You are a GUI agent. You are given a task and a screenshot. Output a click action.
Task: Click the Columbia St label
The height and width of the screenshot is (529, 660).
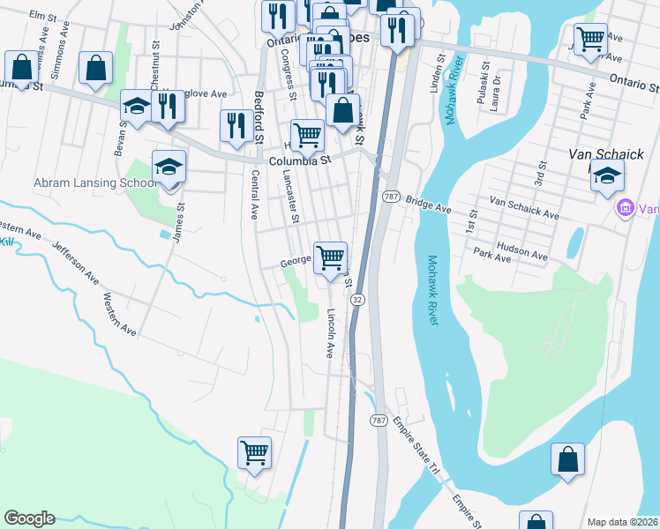tap(299, 160)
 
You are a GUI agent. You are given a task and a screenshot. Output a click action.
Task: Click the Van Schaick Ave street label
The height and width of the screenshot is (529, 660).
tap(524, 208)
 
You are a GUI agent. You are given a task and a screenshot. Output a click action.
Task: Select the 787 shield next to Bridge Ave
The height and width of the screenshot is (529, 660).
tap(389, 197)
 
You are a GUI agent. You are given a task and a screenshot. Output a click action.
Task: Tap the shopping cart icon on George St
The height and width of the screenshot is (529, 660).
tap(331, 258)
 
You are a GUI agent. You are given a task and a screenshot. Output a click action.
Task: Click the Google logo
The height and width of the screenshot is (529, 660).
tap(29, 518)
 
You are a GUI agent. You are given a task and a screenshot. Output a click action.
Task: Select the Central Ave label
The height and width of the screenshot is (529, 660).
tap(252, 194)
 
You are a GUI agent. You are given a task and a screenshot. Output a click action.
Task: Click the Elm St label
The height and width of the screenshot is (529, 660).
tap(42, 16)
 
